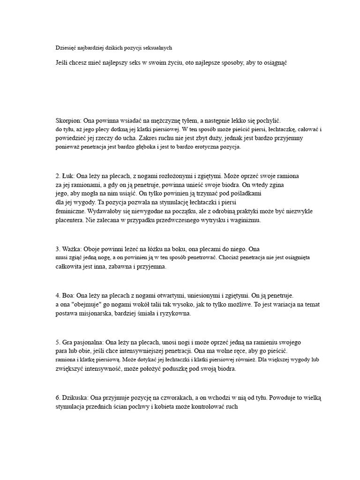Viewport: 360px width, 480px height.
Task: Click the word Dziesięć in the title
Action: point(67,47)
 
